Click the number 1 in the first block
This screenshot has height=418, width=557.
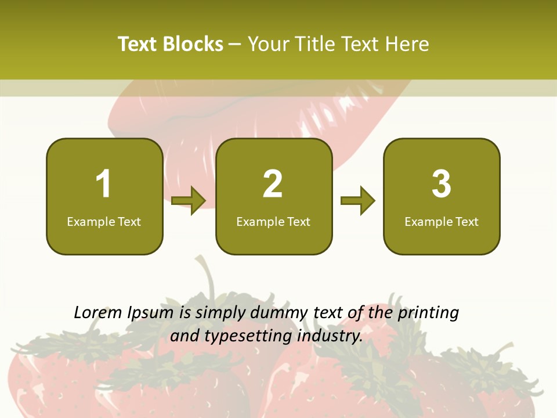click(x=103, y=184)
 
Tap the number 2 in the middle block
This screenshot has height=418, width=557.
click(x=273, y=184)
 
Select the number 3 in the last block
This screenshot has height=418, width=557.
click(x=442, y=184)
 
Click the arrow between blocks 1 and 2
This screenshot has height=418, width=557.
click(x=189, y=201)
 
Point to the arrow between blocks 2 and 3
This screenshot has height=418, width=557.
click(x=358, y=201)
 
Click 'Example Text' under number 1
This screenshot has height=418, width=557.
click(x=104, y=222)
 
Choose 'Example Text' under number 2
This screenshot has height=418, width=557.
click(x=273, y=222)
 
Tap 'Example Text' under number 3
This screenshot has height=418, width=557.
click(x=442, y=222)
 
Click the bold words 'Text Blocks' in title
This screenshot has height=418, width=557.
click(x=171, y=44)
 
